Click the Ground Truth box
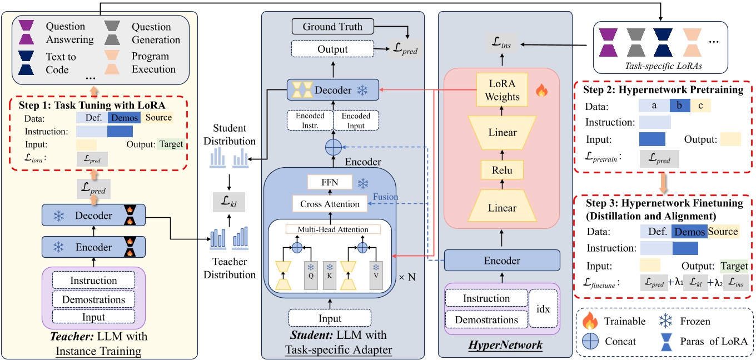(x=332, y=26)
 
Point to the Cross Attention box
(x=330, y=204)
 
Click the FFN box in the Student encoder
(x=330, y=182)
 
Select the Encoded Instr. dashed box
(x=309, y=121)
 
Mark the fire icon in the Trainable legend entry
(x=589, y=321)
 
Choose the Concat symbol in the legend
(x=589, y=341)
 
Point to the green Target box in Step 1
(x=171, y=144)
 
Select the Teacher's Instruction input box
(x=93, y=281)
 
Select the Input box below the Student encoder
(x=330, y=318)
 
